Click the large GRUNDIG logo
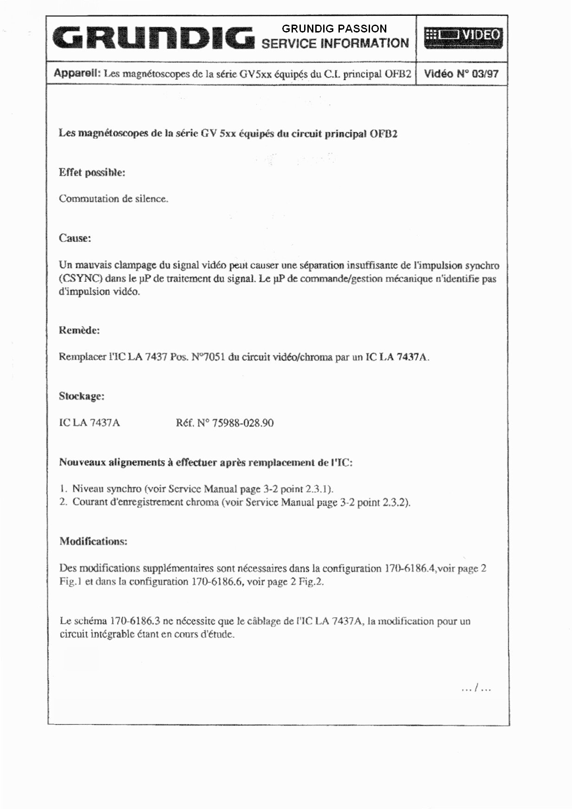(x=153, y=38)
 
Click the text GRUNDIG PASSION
(x=334, y=29)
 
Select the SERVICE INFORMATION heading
(x=335, y=44)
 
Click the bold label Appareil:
(x=77, y=73)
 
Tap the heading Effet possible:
(x=92, y=173)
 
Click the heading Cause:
(x=75, y=238)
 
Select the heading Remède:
(x=79, y=330)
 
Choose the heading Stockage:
(x=81, y=396)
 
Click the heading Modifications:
(x=93, y=541)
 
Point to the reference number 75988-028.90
(x=242, y=423)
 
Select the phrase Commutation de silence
(x=113, y=199)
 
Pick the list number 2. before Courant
(x=64, y=502)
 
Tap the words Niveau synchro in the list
(x=107, y=489)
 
